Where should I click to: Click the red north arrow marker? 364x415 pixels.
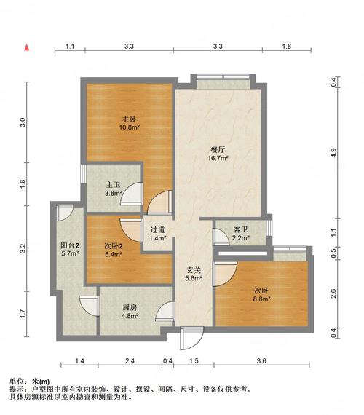point(26,47)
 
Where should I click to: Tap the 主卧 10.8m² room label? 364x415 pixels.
point(129,123)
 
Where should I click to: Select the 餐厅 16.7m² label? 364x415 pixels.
point(218,154)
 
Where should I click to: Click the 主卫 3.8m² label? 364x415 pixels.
point(114,189)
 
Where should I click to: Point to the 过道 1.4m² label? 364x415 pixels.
point(158,234)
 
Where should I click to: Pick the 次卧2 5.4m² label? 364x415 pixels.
point(114,250)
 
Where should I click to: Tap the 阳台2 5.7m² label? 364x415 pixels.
point(70,249)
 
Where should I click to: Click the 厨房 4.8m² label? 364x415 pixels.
point(130,312)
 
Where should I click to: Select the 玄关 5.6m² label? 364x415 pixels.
point(194,274)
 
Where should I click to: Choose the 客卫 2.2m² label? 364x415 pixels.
point(241,233)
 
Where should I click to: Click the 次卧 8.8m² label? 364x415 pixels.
point(261,295)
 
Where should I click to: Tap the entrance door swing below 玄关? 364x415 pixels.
point(192,339)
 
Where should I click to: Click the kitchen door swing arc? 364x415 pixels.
point(165,312)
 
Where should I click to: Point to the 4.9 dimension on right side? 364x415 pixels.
point(333,153)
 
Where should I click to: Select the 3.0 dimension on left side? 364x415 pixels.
point(23,122)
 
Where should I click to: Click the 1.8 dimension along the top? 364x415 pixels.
point(286,47)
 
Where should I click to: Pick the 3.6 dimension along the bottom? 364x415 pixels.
point(261,360)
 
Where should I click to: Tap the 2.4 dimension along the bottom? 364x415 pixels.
point(130,360)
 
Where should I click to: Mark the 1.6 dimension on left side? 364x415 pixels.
point(23,183)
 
